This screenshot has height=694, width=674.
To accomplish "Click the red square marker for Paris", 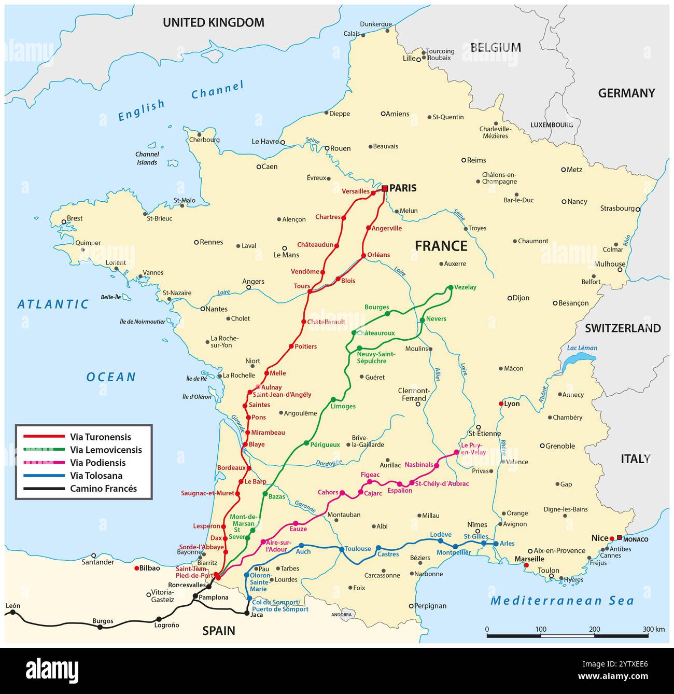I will click(385, 189).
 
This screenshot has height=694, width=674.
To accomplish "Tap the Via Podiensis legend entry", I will click(97, 463).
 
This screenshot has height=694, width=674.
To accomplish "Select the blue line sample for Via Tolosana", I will click(43, 476).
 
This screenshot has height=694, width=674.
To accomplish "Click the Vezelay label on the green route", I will click(465, 287).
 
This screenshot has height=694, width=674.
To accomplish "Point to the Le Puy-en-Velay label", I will click(473, 449).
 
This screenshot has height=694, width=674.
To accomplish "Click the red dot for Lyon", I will click(501, 404).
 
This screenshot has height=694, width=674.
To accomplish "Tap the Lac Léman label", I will click(582, 348).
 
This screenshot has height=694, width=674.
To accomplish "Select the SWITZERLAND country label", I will click(622, 328).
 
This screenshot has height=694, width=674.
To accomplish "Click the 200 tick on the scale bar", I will click(595, 629).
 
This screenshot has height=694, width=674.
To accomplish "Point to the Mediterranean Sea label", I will click(562, 601).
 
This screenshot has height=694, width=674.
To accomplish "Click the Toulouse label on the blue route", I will click(358, 549).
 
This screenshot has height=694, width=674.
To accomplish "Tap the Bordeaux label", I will click(231, 468).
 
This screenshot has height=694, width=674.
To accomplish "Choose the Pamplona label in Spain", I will click(213, 598).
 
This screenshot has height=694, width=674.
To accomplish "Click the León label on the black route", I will click(13, 606).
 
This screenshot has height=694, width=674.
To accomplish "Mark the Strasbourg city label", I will click(617, 209).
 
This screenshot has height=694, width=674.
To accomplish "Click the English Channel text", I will click(180, 102).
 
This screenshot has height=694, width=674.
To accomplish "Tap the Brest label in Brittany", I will click(75, 218).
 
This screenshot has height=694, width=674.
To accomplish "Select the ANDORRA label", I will click(342, 615).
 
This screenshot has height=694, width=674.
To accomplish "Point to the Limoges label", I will click(343, 406).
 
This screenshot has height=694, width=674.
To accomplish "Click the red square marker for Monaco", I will click(619, 538).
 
